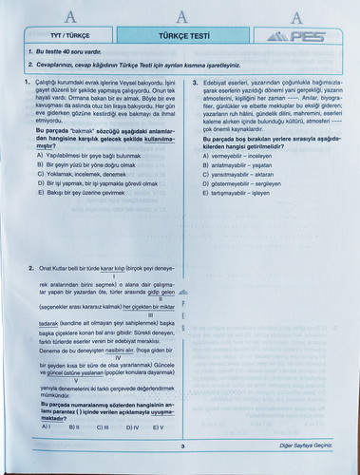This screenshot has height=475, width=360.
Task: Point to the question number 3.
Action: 196,83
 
